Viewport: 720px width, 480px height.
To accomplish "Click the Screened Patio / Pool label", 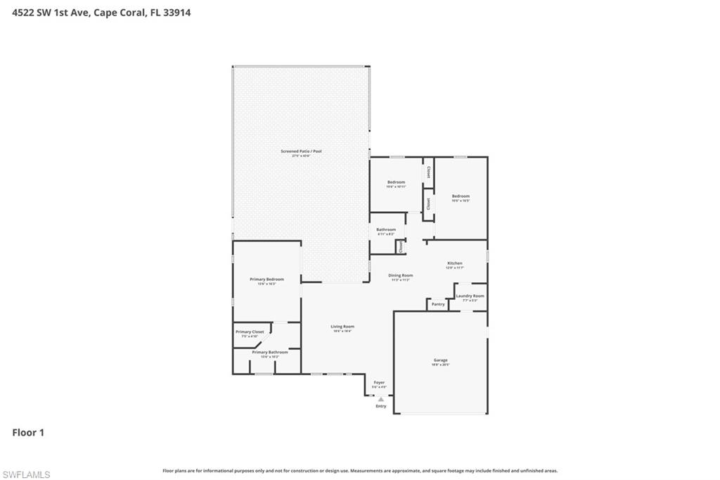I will pos(301,151).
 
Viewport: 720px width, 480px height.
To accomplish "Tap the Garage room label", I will pos(441,360).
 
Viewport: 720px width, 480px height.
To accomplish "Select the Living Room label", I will pos(343,327).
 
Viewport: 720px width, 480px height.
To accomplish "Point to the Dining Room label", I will pos(401,275).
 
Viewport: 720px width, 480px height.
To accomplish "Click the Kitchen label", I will pos(455,264).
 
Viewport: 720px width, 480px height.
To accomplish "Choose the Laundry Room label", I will pos(470,296).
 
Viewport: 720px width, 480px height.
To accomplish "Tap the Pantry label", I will pos(438,304).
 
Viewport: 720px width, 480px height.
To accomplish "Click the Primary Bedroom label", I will pos(266,279).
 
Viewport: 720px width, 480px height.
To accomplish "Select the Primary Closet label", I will pos(250,332).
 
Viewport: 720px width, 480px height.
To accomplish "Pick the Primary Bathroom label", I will pos(270,352).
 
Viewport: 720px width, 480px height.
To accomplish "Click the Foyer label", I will pos(379,383).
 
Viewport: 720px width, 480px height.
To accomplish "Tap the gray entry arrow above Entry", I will pos(381,398).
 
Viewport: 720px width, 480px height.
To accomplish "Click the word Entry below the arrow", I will pos(381,406).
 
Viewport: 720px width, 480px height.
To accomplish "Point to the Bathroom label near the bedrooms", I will pos(386,229).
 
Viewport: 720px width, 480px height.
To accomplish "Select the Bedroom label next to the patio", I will pos(396,182).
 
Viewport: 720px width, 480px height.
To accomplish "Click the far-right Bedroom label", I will pos(461,196).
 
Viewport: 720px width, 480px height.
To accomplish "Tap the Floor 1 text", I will pos(28,433).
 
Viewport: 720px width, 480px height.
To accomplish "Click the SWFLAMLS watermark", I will pos(26,475).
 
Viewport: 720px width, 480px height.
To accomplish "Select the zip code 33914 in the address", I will pos(177,12).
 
